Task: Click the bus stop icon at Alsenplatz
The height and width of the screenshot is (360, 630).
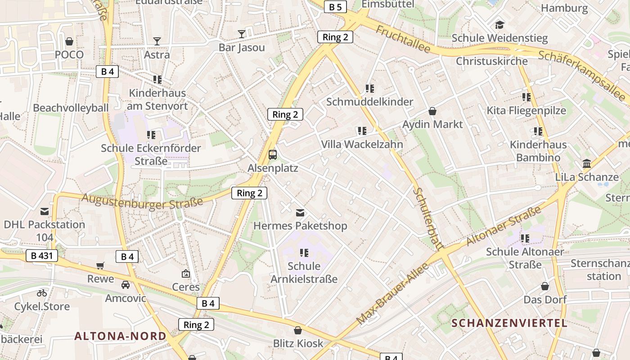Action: (273, 154)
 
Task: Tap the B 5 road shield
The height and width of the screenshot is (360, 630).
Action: (335, 7)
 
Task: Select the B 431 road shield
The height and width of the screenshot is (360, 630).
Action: (42, 256)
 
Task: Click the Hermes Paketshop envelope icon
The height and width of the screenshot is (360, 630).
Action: (300, 212)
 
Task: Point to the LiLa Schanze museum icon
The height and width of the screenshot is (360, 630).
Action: (587, 164)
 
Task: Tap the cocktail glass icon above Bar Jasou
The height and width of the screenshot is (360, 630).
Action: (242, 34)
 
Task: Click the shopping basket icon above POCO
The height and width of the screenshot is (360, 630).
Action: (69, 41)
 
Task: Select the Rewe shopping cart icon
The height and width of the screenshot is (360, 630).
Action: (100, 265)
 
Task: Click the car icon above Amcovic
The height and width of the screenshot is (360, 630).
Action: (126, 284)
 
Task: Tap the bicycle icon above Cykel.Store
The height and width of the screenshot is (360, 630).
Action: (42, 293)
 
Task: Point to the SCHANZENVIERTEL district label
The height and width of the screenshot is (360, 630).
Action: (509, 323)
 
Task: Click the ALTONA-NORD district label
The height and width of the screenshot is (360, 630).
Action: (120, 336)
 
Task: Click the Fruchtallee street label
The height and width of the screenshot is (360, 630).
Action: (403, 39)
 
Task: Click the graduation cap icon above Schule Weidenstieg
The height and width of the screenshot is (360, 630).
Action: (499, 25)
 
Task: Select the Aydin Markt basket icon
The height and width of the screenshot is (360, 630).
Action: (432, 111)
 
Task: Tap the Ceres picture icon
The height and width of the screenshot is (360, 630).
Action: (185, 273)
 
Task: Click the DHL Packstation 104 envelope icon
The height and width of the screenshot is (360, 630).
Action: (45, 211)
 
